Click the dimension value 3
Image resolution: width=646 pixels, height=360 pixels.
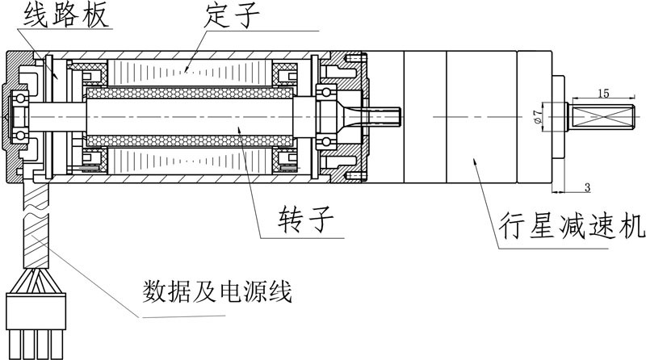click(x=586, y=188)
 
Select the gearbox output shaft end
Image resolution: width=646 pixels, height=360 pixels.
click(x=602, y=116)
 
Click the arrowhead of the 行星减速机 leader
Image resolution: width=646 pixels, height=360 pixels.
click(x=474, y=159)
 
